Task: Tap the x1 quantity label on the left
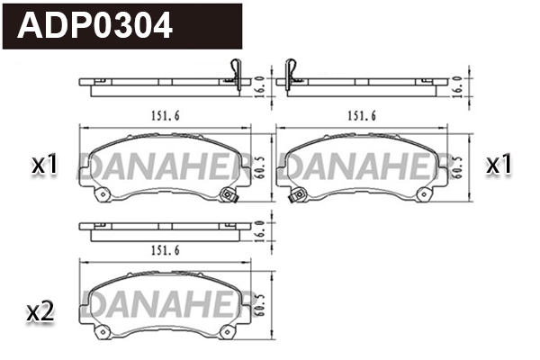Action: tap(44, 166)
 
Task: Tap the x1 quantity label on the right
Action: tap(499, 166)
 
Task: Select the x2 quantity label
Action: tap(41, 312)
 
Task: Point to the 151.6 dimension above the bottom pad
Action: tap(161, 249)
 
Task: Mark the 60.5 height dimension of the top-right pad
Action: tap(459, 166)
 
